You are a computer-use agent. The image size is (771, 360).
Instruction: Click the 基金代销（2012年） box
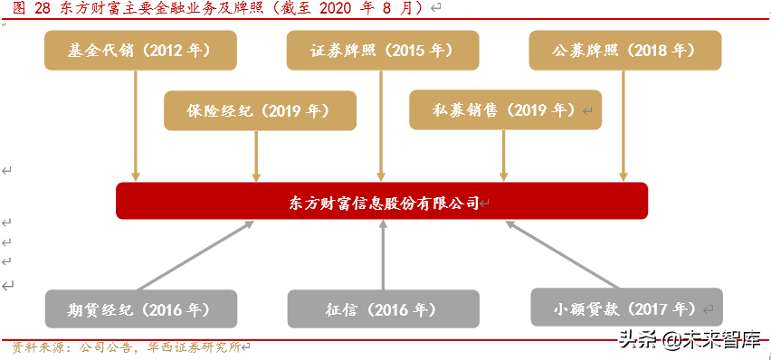(x=140, y=51)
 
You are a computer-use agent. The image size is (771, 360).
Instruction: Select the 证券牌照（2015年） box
(x=382, y=51)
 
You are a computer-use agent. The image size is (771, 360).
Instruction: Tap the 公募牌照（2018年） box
(x=625, y=51)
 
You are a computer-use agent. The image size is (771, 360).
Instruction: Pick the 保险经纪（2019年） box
(x=261, y=110)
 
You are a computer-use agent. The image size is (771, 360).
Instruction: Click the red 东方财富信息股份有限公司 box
(x=382, y=201)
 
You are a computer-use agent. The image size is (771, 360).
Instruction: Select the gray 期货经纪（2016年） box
(x=140, y=308)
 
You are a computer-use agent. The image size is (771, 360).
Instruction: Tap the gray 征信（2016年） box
(x=382, y=308)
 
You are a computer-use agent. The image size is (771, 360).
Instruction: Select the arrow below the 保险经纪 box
(x=257, y=156)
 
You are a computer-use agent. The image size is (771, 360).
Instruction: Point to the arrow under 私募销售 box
(x=503, y=156)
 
